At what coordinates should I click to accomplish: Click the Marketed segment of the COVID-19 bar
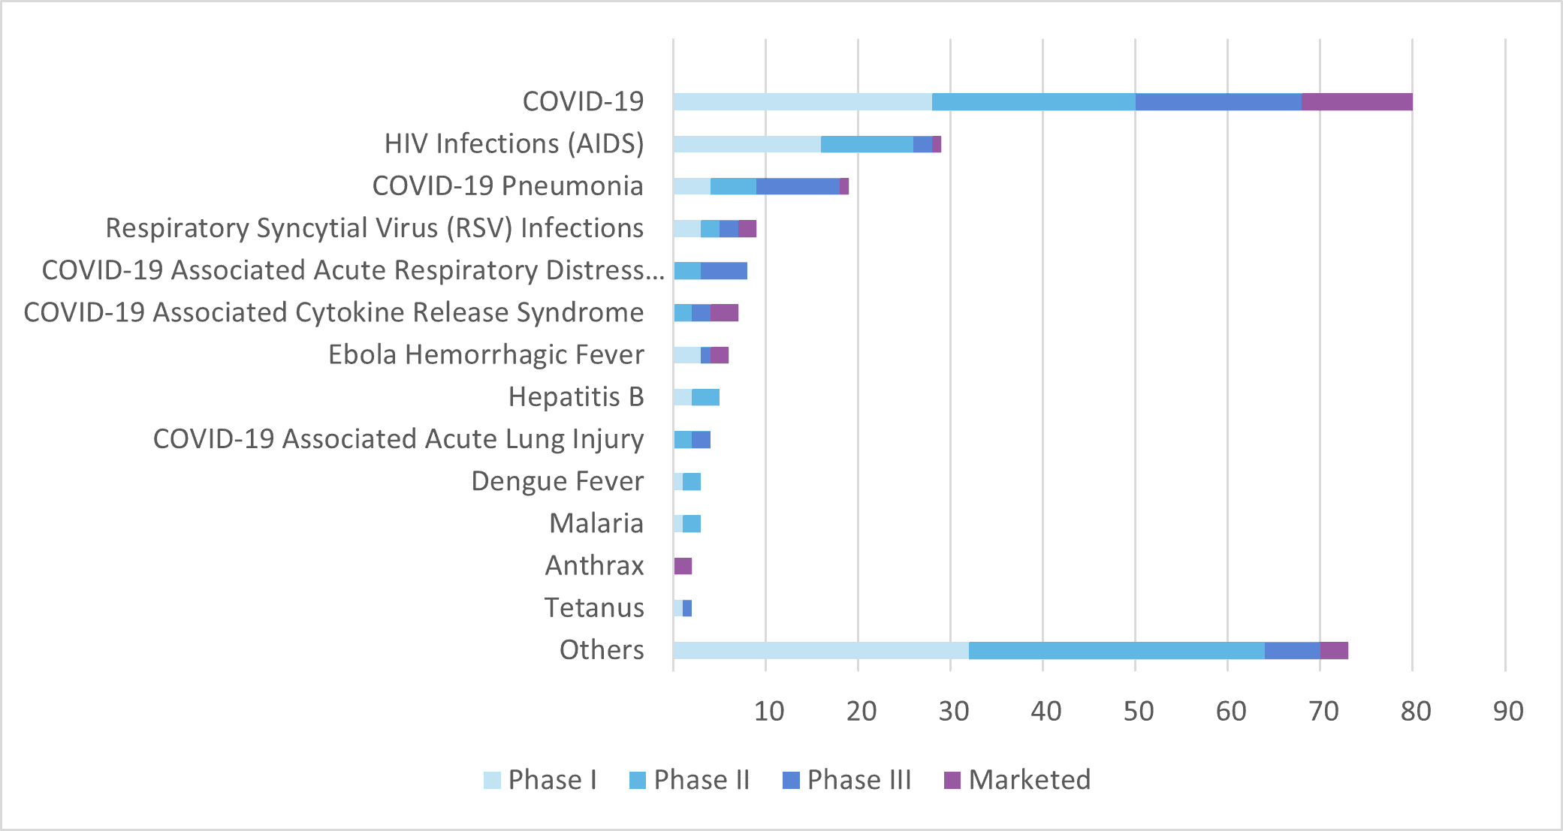point(1356,102)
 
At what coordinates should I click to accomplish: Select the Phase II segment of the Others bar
point(1116,651)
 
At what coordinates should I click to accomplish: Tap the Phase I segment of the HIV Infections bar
point(747,144)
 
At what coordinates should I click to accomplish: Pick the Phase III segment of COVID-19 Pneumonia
point(798,186)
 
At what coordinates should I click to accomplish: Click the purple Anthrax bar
point(683,566)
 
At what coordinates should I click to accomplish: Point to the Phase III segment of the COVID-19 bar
point(1218,102)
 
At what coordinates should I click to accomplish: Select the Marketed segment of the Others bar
point(1334,651)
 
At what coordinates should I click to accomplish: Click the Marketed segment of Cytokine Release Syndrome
point(724,313)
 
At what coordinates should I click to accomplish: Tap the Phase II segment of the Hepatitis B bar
point(705,397)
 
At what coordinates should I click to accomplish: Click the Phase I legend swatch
point(492,781)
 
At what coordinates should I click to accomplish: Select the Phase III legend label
point(859,780)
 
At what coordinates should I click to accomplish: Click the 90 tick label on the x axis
point(1507,711)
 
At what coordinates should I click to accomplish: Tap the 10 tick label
point(768,711)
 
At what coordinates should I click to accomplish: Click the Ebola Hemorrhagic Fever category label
point(486,354)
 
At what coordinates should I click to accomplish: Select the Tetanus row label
point(594,607)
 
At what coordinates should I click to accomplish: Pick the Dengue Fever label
point(557,481)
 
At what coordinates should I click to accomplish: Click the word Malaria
point(596,523)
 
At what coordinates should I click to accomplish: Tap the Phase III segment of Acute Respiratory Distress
point(724,271)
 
